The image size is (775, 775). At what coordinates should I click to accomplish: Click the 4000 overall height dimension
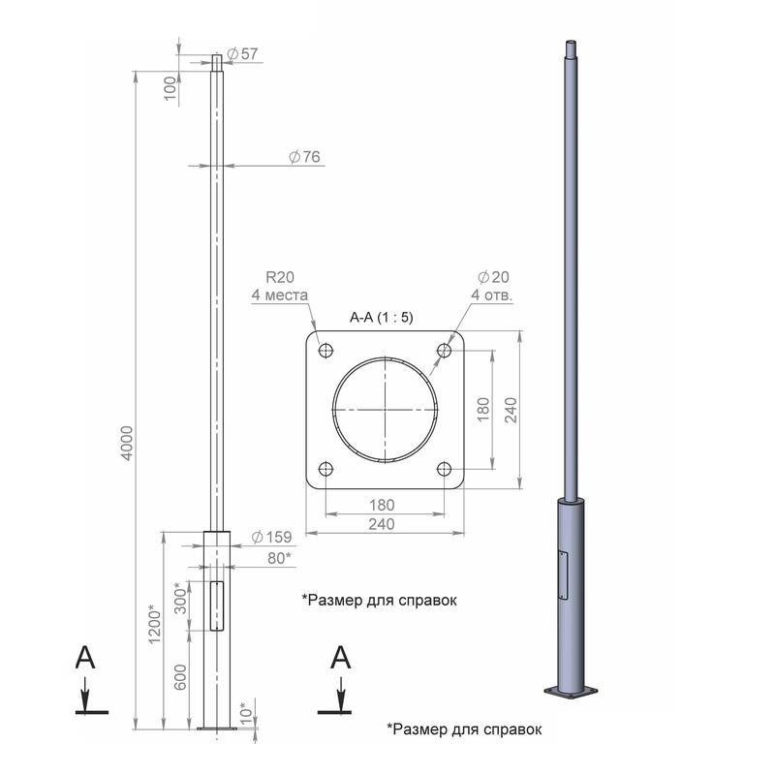(x=128, y=444)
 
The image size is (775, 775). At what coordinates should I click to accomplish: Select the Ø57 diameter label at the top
(x=242, y=53)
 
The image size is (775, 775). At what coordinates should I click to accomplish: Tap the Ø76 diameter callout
(x=304, y=157)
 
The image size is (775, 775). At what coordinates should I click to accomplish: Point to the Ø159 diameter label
(x=271, y=537)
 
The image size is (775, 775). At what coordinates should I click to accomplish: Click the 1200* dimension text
(x=155, y=624)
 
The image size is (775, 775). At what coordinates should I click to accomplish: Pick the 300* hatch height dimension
(x=181, y=598)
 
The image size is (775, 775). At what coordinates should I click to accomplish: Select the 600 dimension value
(x=181, y=676)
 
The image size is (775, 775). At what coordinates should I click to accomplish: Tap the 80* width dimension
(x=279, y=558)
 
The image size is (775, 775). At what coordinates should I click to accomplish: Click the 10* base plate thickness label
(x=246, y=714)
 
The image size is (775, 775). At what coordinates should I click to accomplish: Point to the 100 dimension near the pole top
(x=170, y=88)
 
